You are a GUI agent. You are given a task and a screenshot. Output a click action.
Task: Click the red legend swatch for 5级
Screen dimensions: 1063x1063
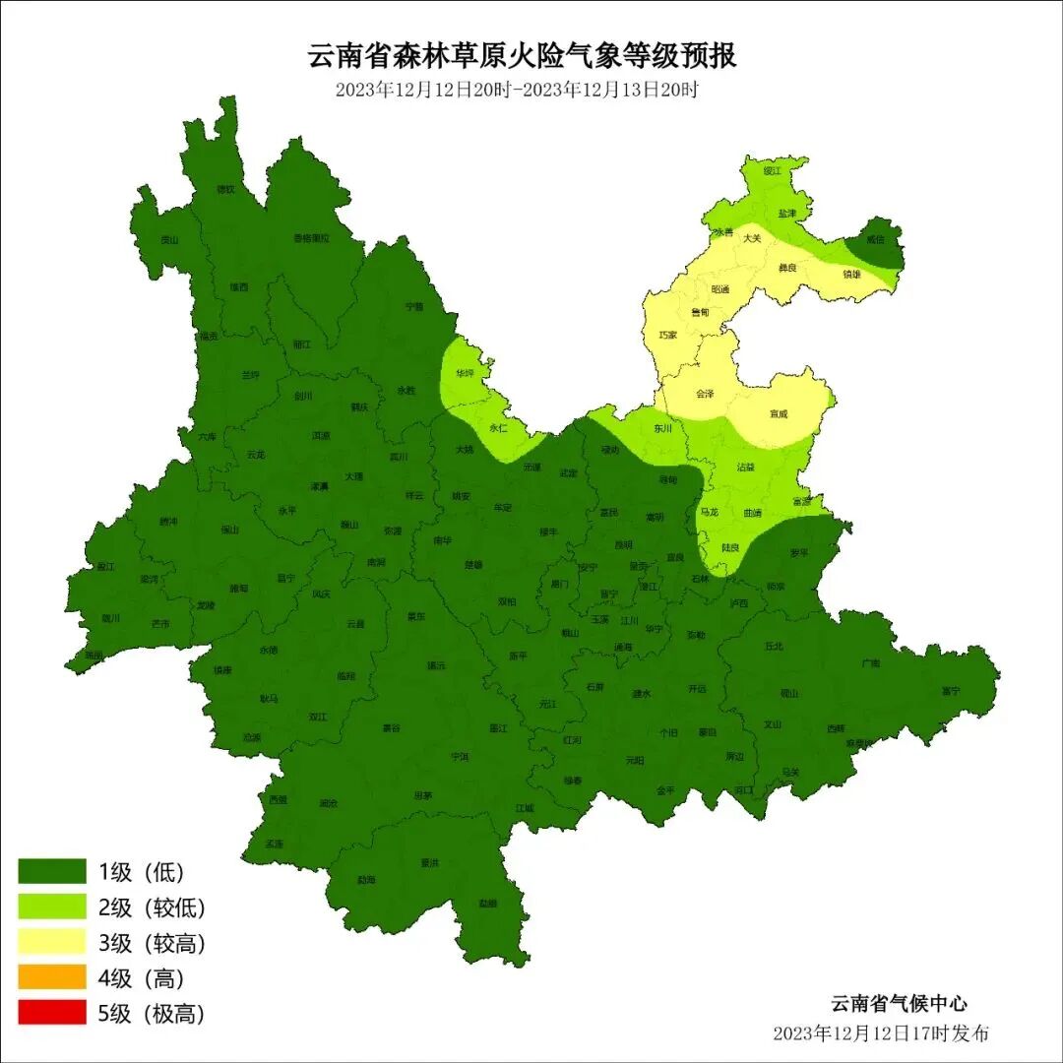[x=52, y=1012]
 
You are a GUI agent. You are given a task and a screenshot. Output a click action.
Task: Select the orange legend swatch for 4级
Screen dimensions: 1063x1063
[x=52, y=977]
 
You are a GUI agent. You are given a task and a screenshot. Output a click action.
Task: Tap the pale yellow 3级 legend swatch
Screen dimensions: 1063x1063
[x=52, y=942]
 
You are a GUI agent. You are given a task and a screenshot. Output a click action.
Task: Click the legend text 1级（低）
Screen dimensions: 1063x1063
[x=141, y=871]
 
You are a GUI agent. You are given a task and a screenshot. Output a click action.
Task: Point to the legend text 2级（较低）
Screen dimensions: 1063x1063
[x=152, y=907]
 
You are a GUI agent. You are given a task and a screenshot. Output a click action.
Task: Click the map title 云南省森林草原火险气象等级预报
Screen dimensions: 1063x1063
[x=523, y=55]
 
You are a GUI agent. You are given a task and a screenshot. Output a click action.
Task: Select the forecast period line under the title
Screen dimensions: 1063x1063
[x=517, y=90]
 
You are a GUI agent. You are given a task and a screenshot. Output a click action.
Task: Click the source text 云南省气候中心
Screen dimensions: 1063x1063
[x=899, y=1004]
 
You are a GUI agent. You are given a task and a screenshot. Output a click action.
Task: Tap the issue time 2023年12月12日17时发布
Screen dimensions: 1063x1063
[x=881, y=1032]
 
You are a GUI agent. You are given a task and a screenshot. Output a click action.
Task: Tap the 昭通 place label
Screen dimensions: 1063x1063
[x=719, y=289]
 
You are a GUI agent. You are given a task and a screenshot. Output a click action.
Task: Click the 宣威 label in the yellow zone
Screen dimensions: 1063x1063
[x=779, y=413]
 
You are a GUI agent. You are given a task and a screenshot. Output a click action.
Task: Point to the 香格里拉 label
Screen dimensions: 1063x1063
[x=312, y=237]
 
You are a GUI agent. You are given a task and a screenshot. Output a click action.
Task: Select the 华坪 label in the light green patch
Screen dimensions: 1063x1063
[x=465, y=374]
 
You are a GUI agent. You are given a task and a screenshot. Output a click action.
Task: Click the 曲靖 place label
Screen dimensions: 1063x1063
[x=752, y=513]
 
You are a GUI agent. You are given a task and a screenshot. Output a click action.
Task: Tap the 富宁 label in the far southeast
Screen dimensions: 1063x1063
[x=950, y=691]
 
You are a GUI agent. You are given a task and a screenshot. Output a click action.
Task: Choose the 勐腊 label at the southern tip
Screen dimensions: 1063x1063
[x=488, y=903]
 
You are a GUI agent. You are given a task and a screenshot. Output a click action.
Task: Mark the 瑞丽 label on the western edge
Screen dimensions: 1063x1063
[x=94, y=654]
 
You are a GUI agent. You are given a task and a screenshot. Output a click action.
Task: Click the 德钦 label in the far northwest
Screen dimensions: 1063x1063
[x=226, y=189]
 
